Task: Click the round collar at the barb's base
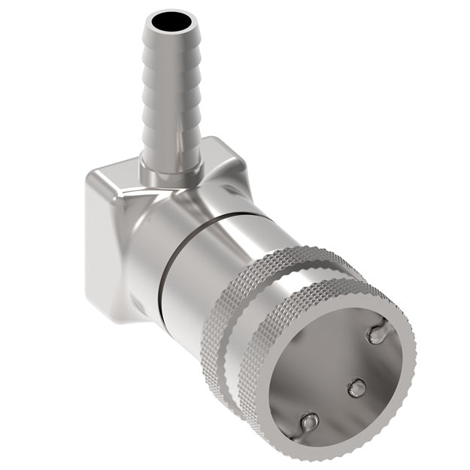click(172, 170)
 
